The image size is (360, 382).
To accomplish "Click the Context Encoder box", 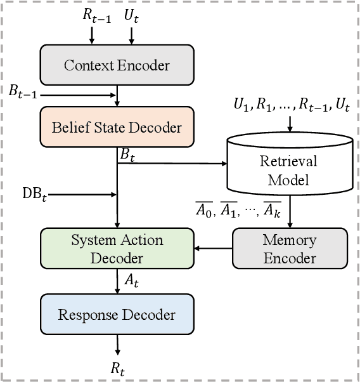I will coord(117,65).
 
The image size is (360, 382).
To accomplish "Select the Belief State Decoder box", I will coord(117,128).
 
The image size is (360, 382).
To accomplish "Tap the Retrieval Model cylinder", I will coord(290,170).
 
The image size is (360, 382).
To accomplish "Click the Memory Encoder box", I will coord(290,248).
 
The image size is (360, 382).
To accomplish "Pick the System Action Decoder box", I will coord(117,248).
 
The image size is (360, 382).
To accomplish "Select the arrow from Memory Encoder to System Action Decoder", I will coord(213,248).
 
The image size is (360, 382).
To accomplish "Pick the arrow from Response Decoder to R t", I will coord(117,345).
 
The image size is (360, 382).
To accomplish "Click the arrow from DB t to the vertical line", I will coord(82,194).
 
